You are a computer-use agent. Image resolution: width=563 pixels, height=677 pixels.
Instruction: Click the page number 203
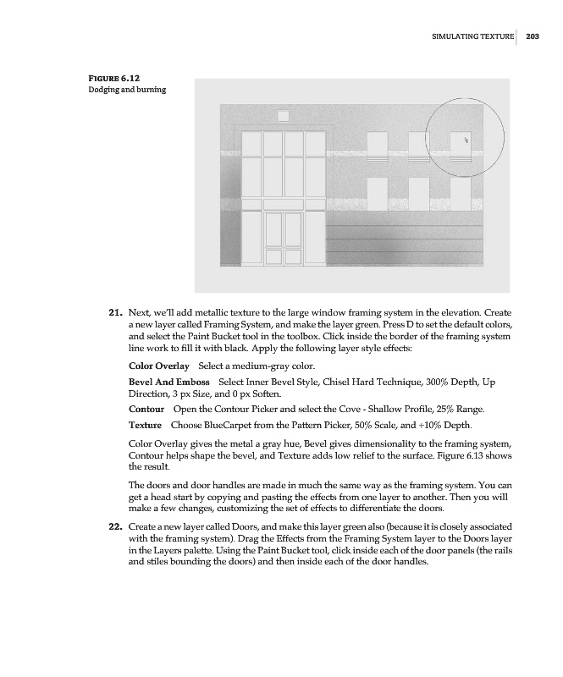[x=533, y=36]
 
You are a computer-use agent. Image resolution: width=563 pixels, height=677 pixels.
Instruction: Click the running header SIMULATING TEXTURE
[x=473, y=36]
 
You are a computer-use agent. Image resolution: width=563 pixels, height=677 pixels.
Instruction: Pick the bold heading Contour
[x=146, y=409]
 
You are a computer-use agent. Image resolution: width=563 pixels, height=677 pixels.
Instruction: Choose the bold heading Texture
[x=145, y=424]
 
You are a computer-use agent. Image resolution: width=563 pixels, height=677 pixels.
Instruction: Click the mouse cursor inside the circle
[x=466, y=139]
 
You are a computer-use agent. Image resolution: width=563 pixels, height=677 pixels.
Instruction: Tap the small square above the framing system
[x=283, y=115]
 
